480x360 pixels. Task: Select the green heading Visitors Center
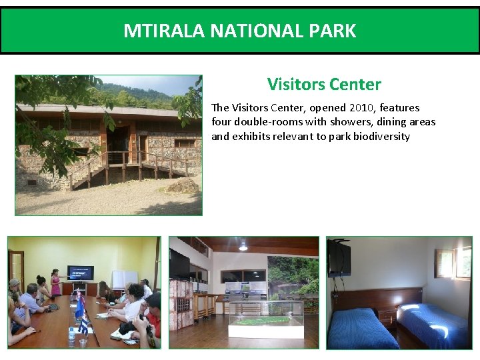(x=324, y=85)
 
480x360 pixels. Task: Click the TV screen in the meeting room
(x=81, y=273)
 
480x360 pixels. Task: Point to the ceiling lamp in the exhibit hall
(x=243, y=245)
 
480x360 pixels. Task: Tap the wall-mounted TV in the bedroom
(x=339, y=257)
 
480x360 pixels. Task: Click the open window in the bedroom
(x=453, y=263)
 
